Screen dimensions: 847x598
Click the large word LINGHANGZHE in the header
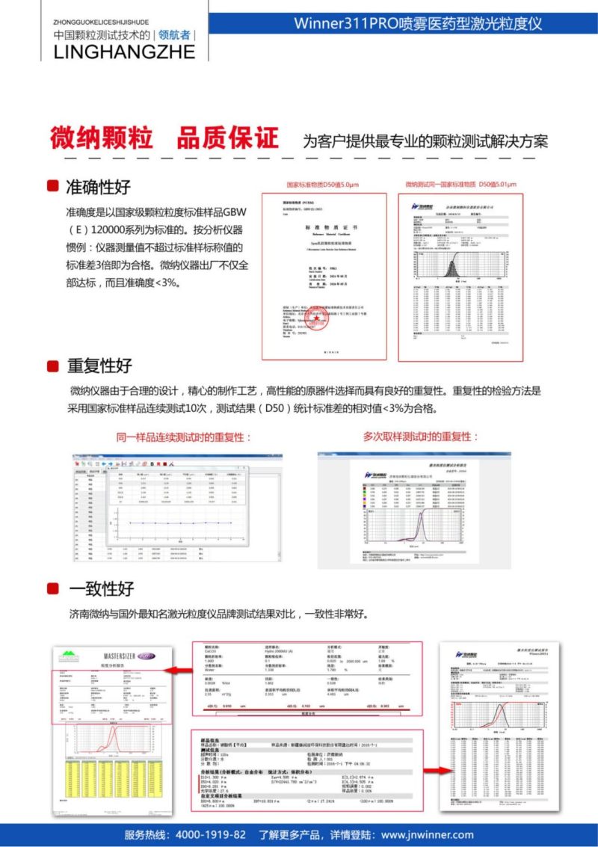[x=124, y=52]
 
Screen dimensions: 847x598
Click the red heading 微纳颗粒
[x=102, y=138]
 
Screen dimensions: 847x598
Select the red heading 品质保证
[x=227, y=138]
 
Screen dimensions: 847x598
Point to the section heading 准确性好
[x=99, y=186]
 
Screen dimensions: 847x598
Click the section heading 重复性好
[x=99, y=366]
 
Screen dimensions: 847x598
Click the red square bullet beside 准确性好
[x=53, y=186]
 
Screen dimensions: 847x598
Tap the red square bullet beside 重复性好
[x=53, y=366]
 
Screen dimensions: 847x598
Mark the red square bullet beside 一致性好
[x=53, y=588]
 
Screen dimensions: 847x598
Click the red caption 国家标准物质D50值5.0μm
[x=323, y=185]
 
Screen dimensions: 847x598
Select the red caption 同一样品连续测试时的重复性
[x=184, y=437]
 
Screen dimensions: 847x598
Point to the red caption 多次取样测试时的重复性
[x=420, y=436]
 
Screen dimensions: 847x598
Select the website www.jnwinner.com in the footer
[x=427, y=834]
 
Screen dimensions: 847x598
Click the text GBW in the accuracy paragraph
[x=235, y=212]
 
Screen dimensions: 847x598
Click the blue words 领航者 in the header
[x=174, y=34]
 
